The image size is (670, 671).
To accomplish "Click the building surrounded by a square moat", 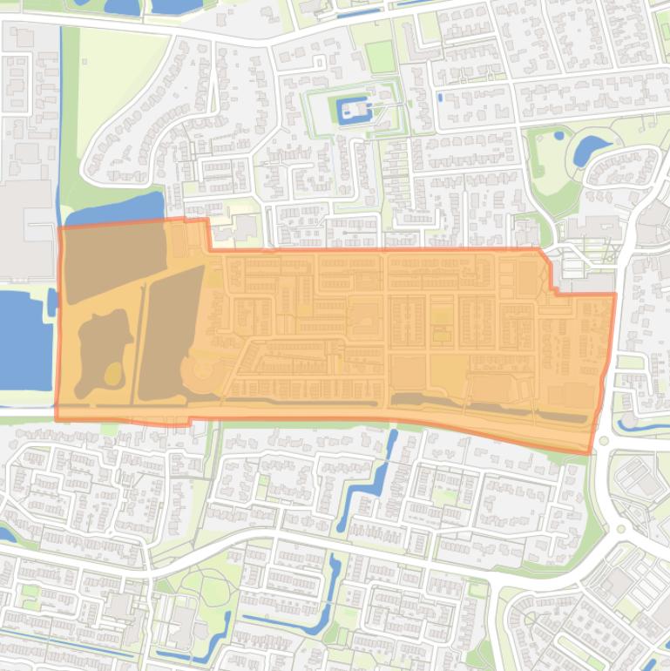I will tap(354, 110).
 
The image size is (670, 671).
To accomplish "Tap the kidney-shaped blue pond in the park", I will tap(590, 150).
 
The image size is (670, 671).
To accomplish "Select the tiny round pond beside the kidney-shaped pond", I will tap(558, 135).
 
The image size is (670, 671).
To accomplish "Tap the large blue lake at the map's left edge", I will tap(19, 340).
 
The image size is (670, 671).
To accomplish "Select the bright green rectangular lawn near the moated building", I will tap(380, 58).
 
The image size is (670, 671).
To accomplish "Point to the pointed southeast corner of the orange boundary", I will tap(591, 451).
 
